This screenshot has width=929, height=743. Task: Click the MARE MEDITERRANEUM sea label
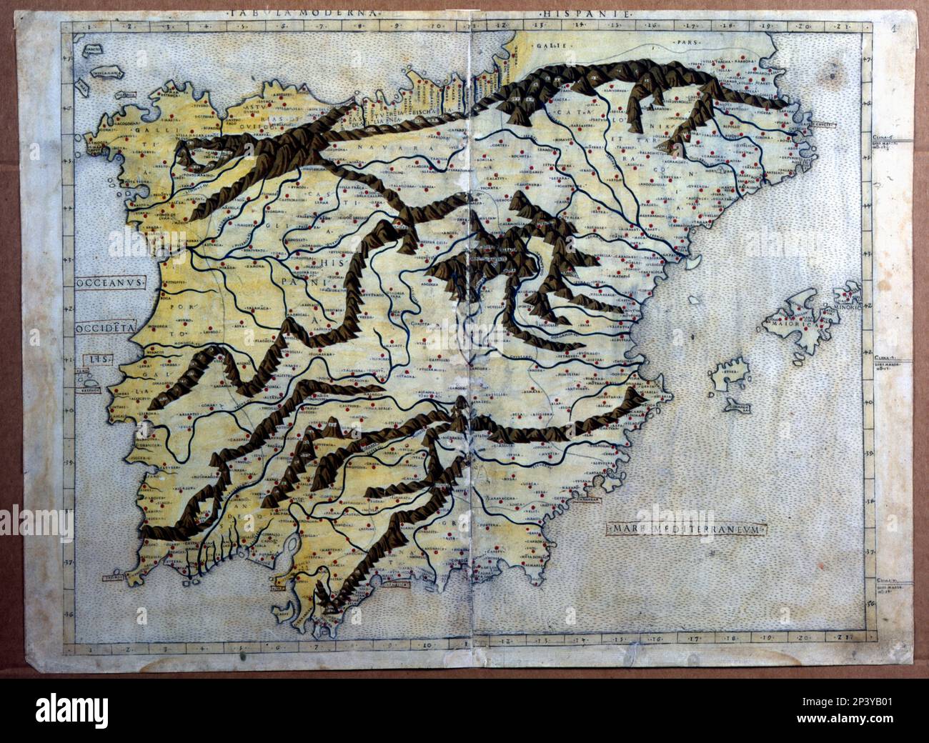687,529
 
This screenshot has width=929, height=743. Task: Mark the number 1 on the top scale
86,27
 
